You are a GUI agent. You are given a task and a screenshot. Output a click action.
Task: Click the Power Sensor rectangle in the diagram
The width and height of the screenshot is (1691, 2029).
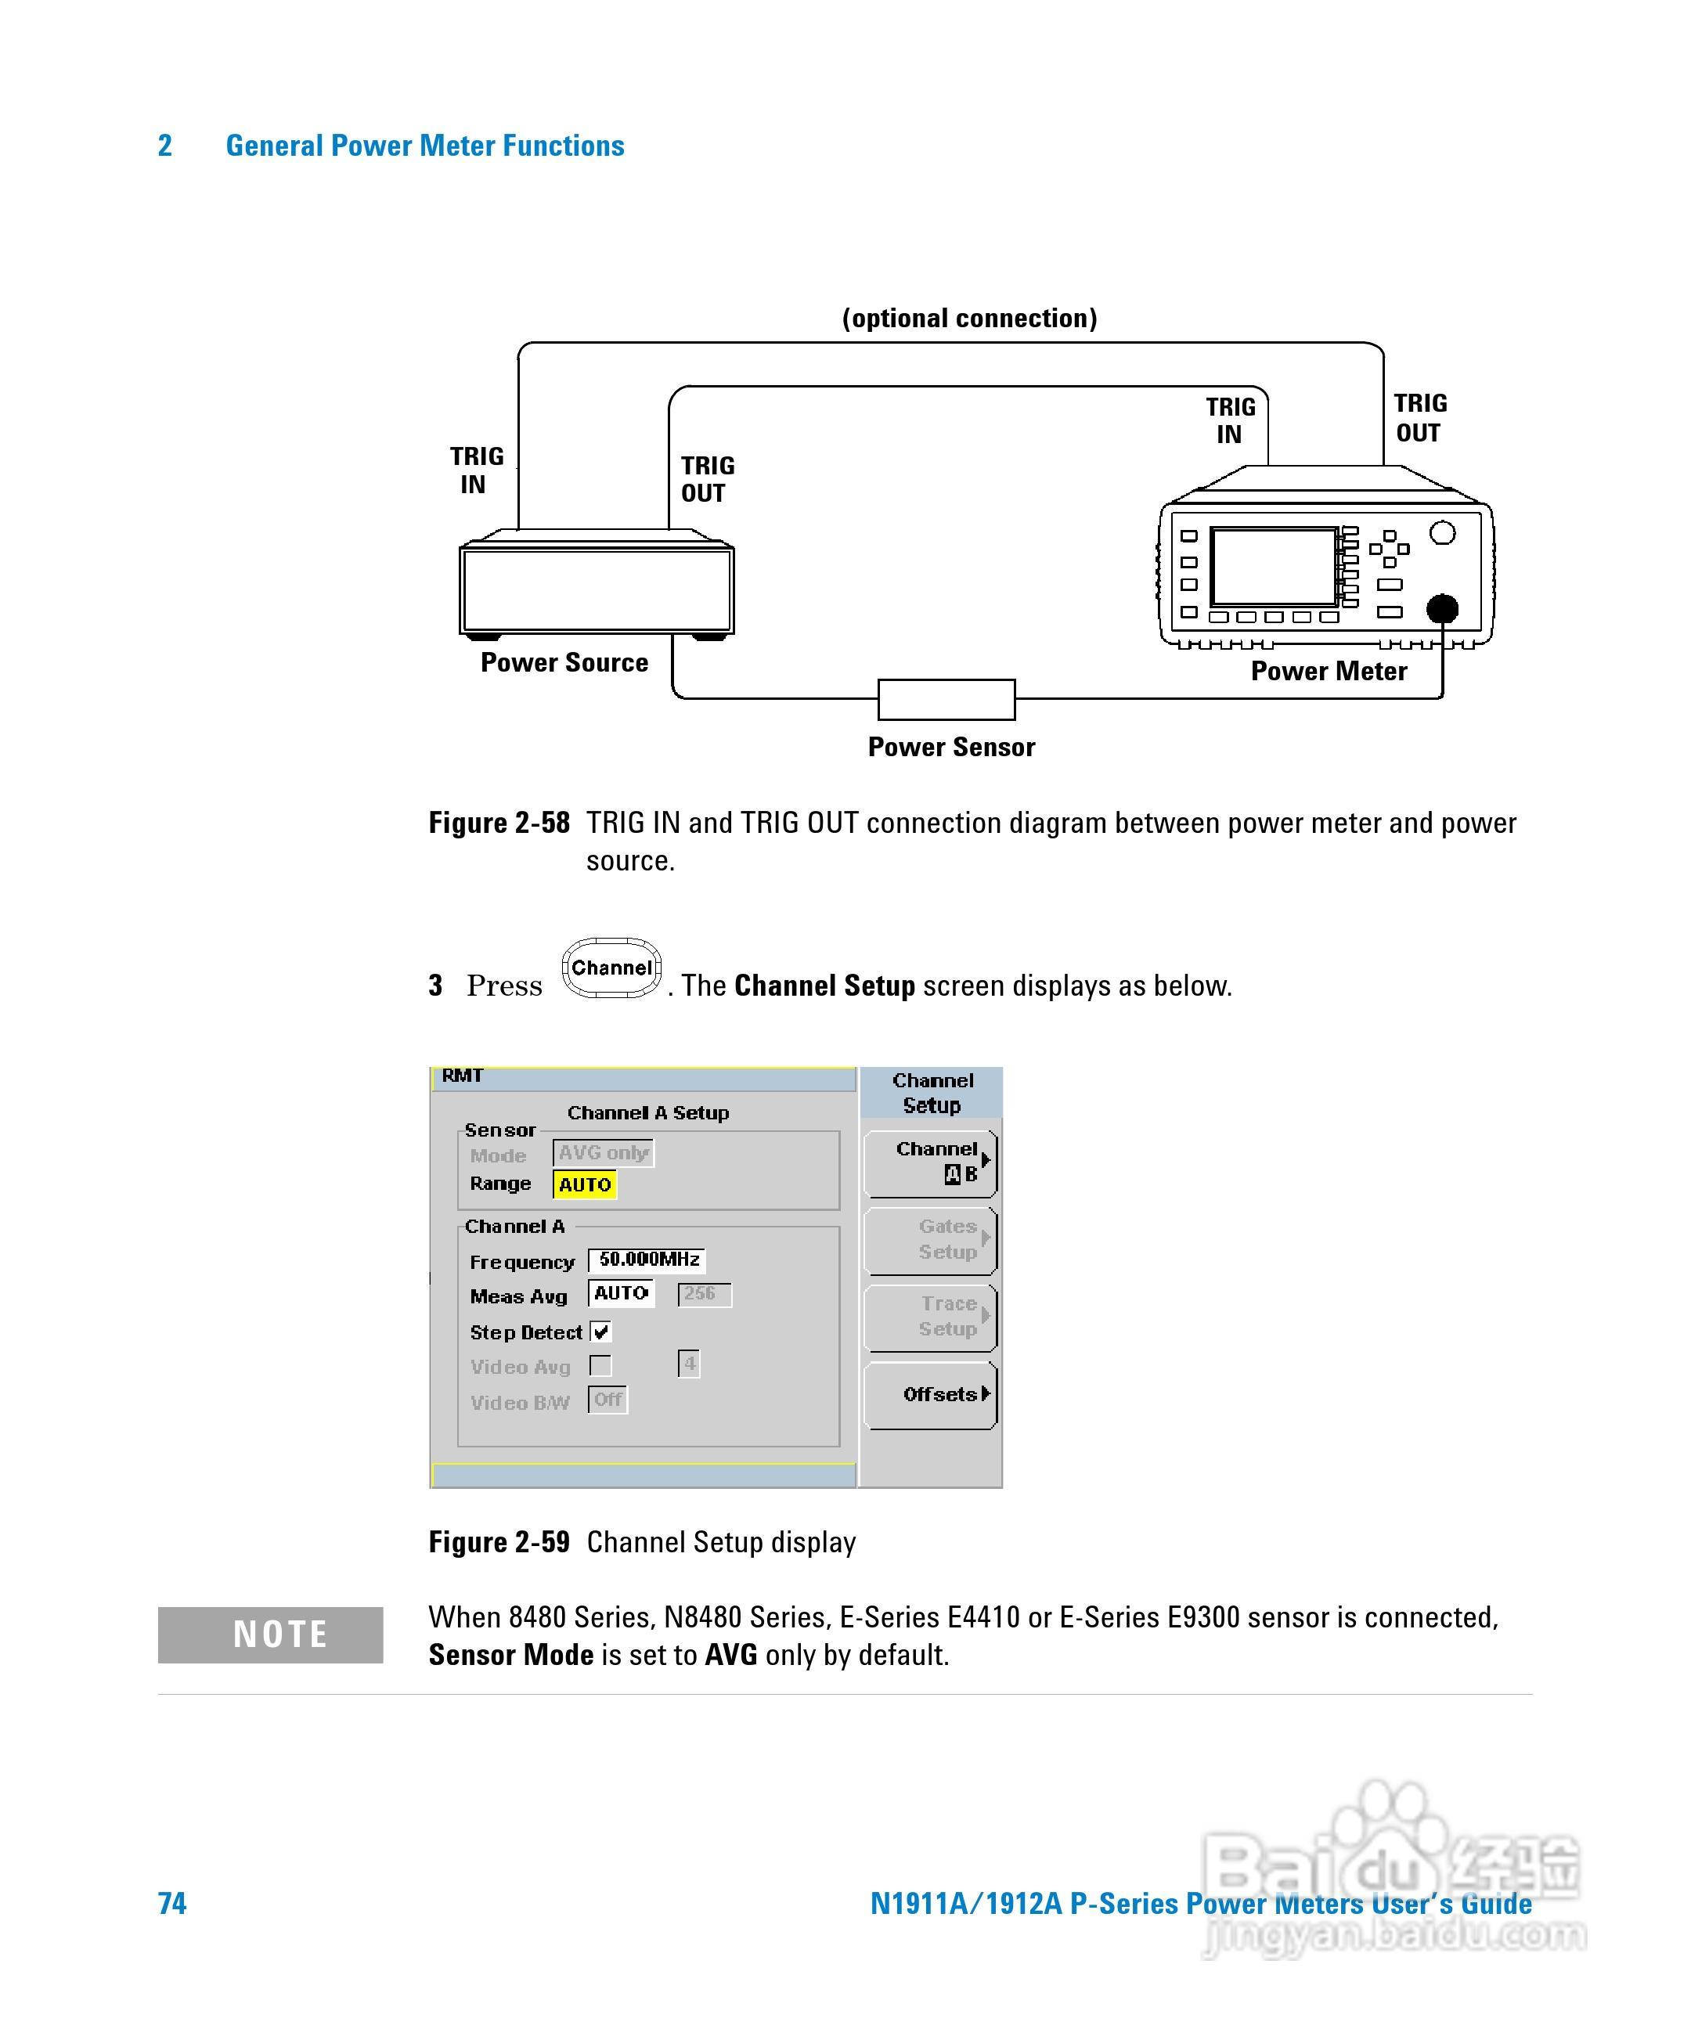(x=946, y=700)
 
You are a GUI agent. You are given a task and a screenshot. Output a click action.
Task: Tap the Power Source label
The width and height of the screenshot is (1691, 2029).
(x=564, y=663)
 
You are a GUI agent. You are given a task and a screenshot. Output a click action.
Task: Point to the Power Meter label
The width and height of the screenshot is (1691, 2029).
(x=1329, y=672)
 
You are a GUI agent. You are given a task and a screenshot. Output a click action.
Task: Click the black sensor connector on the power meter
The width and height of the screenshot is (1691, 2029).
(x=1442, y=609)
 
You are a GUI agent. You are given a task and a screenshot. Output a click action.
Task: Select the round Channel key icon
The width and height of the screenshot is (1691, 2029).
(x=611, y=968)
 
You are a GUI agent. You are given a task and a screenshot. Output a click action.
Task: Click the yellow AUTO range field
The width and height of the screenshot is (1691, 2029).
(x=585, y=1184)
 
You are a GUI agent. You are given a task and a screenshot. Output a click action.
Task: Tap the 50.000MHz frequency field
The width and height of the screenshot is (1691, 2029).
(x=647, y=1260)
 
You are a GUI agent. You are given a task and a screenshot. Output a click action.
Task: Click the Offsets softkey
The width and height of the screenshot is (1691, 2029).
(x=931, y=1394)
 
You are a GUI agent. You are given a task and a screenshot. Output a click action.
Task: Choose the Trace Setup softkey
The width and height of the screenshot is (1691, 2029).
(x=931, y=1317)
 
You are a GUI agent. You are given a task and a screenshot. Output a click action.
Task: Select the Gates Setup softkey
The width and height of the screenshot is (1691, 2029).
(x=931, y=1240)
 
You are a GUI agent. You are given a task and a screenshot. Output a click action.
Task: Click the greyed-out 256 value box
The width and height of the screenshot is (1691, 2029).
(x=704, y=1294)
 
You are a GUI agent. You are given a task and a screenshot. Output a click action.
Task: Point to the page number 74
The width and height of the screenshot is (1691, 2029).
(x=172, y=1904)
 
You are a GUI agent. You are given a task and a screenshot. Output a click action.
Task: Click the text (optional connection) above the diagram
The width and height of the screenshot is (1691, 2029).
(x=969, y=319)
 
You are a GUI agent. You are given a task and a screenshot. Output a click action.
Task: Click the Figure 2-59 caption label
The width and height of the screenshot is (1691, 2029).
(x=499, y=1542)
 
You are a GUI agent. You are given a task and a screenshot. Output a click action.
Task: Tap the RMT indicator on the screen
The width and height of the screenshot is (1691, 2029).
(x=462, y=1076)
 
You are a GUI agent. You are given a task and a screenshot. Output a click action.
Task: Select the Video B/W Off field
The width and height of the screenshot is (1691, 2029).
(x=608, y=1400)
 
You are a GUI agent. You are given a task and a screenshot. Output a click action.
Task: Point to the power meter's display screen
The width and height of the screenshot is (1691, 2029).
(x=1274, y=568)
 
